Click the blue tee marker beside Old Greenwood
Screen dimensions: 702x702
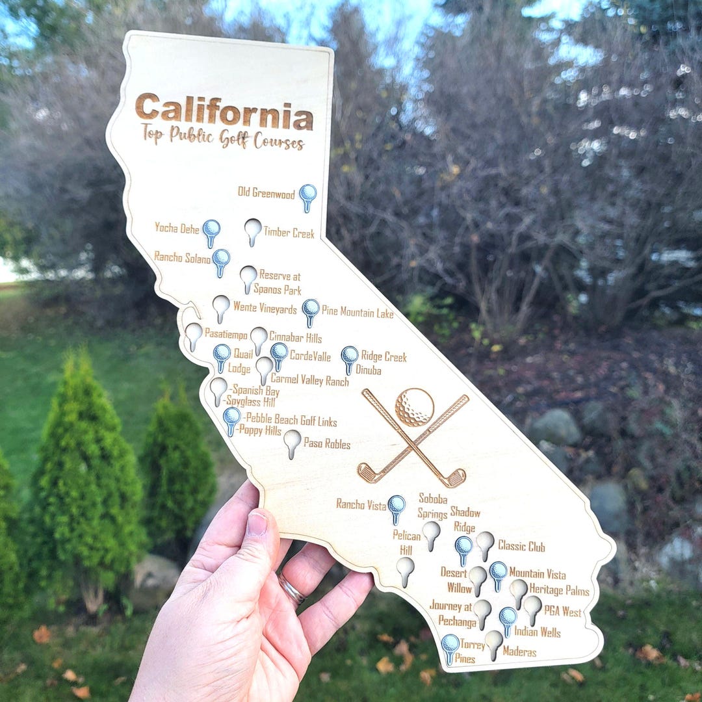[307, 194]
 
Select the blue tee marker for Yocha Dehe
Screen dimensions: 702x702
[211, 230]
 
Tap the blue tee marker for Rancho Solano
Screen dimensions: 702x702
[221, 259]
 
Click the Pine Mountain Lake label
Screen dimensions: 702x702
[357, 313]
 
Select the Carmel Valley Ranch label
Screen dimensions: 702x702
[309, 380]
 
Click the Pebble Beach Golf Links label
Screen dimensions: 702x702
[289, 421]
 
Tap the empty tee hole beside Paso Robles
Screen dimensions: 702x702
[292, 441]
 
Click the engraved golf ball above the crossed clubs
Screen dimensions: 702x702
[414, 406]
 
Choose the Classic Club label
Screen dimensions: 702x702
[521, 547]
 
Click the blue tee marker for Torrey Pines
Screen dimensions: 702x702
[450, 646]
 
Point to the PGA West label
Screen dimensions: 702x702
[563, 612]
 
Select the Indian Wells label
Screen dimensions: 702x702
[537, 631]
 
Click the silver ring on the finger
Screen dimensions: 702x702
[292, 590]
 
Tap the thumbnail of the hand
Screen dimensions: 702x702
[257, 525]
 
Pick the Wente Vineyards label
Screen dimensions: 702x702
[265, 308]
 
